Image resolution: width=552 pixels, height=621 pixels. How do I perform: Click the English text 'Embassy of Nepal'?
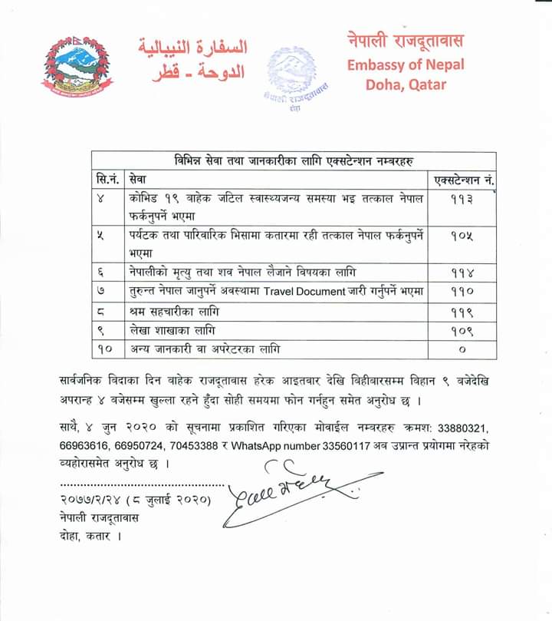pyautogui.click(x=406, y=64)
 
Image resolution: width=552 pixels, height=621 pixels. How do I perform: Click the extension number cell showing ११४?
pyautogui.click(x=462, y=273)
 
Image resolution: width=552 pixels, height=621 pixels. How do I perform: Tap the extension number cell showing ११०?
pyautogui.click(x=462, y=292)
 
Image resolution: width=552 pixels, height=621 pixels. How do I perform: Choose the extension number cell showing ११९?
pyautogui.click(x=462, y=312)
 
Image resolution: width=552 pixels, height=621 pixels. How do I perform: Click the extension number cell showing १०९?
pyautogui.click(x=462, y=331)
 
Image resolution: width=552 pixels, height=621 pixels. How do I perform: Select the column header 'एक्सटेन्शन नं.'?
pyautogui.click(x=463, y=180)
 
